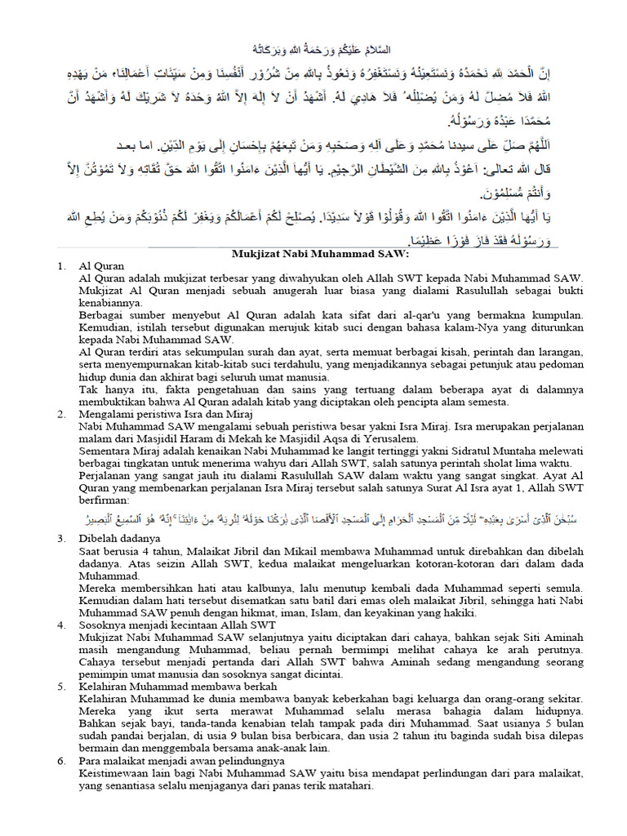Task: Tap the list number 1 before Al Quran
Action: pos(60,267)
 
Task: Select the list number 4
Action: pos(60,625)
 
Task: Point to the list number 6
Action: pos(60,761)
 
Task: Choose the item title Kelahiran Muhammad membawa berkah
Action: pos(177,687)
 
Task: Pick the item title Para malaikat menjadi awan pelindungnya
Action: pos(181,761)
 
